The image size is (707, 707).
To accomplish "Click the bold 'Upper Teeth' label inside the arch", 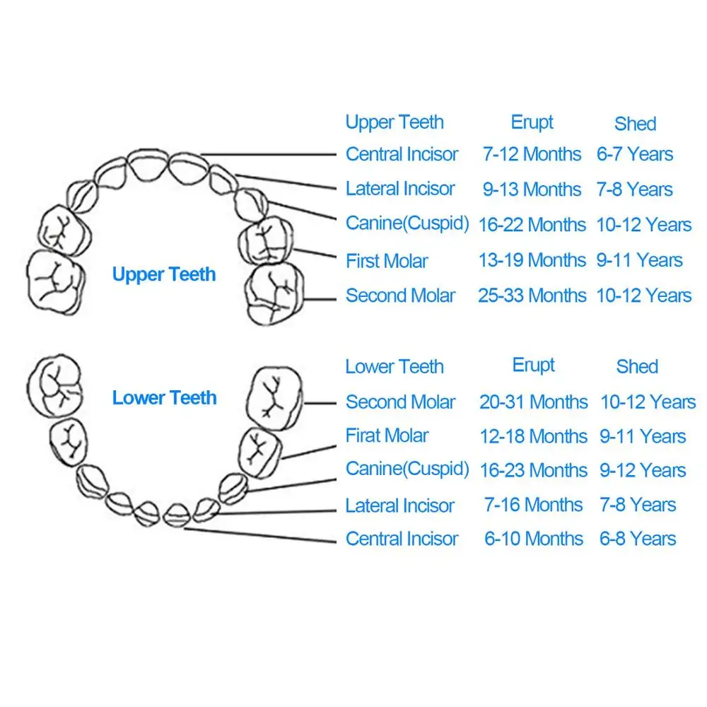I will pos(164,275).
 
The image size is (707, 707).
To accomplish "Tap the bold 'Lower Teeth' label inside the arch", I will pos(164,398).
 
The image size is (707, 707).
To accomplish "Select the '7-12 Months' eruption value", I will pos(532,154).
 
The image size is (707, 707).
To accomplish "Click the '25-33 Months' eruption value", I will pos(532,296).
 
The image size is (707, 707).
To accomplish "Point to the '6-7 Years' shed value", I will pos(635,154).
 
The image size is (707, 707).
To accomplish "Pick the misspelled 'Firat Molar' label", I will pos(387,436).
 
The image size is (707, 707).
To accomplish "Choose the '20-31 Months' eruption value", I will pos(533,402).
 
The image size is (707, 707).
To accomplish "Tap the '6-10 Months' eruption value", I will pos(533,539).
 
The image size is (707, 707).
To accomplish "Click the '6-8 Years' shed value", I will pos(638,539).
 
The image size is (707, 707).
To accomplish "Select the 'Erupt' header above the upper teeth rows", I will pos(532,122).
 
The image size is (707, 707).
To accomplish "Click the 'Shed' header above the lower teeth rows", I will pos(637,366).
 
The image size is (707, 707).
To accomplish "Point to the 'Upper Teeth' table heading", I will pos(395,122).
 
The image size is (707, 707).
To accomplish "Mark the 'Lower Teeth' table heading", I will pos(395,367).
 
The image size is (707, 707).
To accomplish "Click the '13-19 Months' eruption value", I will pos(532,260).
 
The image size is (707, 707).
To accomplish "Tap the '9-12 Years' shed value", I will pos(643,470).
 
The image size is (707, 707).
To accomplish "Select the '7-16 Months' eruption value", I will pos(533,505).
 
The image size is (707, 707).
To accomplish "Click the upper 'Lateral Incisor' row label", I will pos(400,189).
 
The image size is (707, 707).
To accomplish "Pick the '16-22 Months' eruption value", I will pos(532,225).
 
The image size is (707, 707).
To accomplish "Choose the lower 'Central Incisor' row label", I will pos(402,539).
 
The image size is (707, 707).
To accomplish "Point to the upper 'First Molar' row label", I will pos(387,261).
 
